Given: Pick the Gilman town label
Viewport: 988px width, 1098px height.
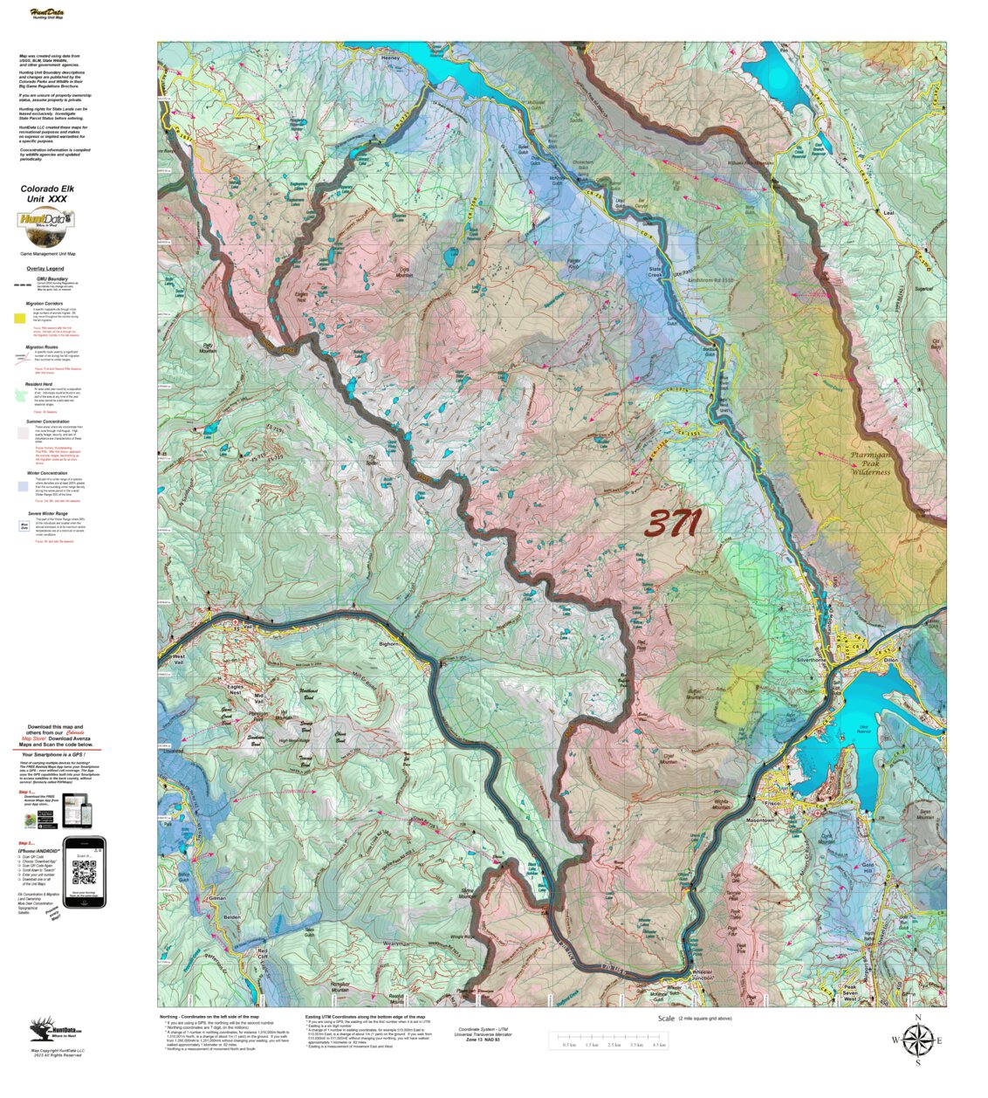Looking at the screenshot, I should coord(217,897).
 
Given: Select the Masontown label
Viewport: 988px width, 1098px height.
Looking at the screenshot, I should coord(759,821).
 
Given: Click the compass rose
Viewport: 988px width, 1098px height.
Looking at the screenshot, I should coord(917,1040).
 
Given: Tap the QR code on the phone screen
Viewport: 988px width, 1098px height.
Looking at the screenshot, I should coord(84,872).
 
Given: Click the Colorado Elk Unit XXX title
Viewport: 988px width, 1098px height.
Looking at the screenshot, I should coord(45,193).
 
